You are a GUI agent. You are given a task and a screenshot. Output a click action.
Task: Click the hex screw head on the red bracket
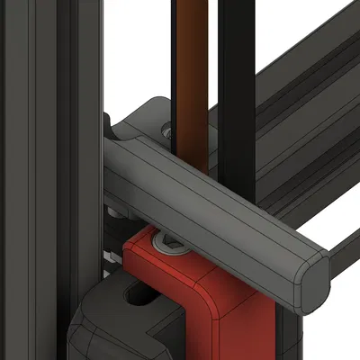169,240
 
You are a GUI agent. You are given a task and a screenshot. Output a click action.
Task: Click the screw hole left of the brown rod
166,130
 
